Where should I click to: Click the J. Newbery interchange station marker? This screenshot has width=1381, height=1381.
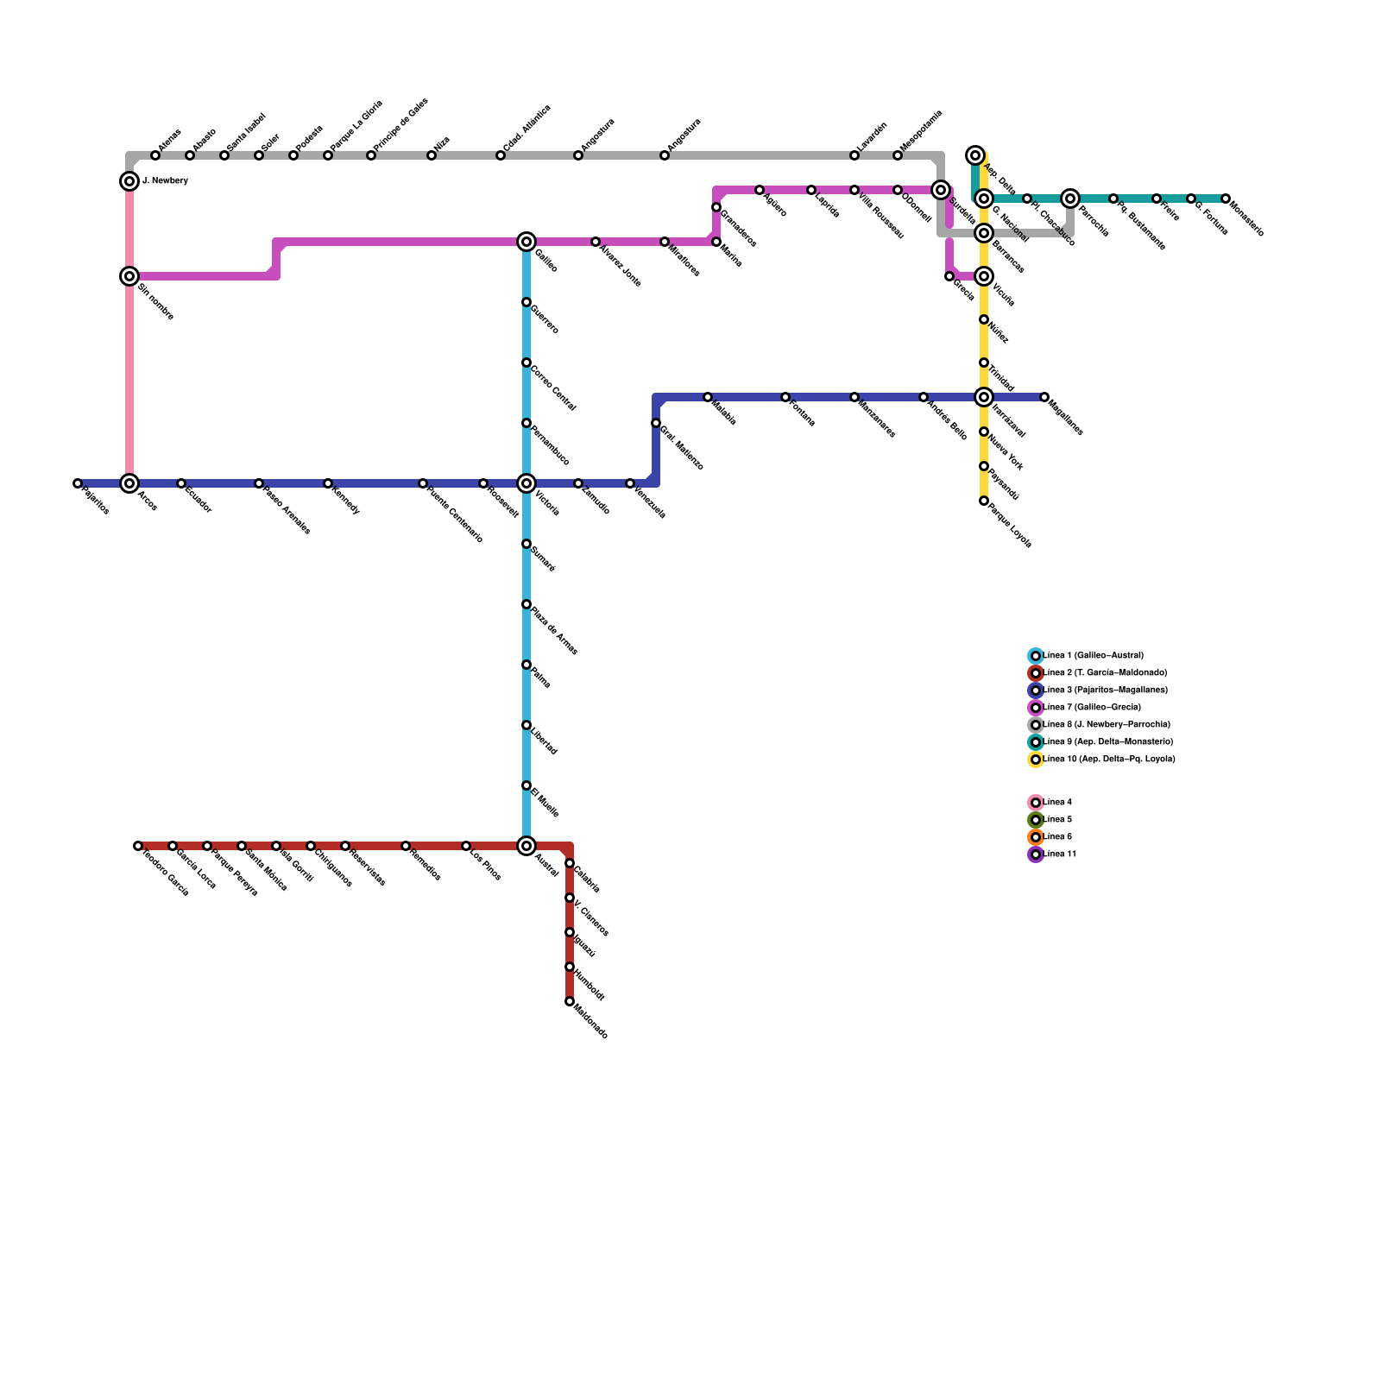129,181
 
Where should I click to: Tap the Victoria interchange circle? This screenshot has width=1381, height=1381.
527,483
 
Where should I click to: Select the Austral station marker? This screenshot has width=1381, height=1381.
527,846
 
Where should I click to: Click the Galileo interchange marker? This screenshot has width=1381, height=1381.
527,242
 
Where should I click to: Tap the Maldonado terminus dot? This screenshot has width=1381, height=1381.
570,1001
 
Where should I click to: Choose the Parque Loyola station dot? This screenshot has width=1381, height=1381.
984,501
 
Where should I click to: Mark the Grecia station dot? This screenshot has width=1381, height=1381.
949,276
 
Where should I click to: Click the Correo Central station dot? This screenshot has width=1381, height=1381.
527,363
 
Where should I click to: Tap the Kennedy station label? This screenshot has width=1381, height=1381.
344,499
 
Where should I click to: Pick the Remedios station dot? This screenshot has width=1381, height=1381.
406,846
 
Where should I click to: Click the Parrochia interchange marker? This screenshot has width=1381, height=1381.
1070,199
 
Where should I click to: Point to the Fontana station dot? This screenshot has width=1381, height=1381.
785,397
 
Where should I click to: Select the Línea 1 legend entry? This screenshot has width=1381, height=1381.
1093,656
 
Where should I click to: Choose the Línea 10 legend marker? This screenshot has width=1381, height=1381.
1036,760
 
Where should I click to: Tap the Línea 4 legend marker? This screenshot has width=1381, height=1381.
1036,803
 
